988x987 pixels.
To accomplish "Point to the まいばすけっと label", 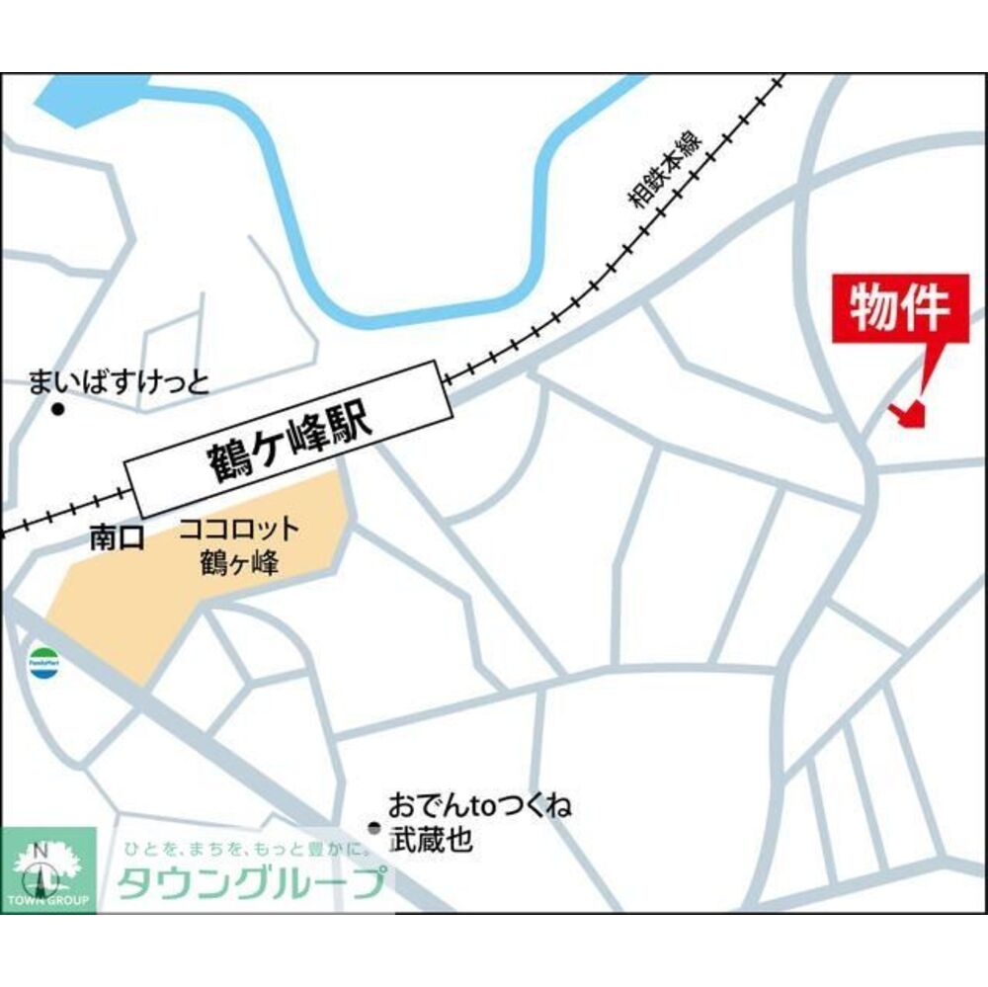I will click(x=120, y=380).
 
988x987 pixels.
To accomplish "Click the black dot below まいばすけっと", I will click(x=57, y=409).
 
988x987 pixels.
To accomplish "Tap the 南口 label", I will click(x=117, y=537).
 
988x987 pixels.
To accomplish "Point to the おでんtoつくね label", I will click(x=480, y=805).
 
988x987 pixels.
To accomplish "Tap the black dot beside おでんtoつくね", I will click(x=373, y=828).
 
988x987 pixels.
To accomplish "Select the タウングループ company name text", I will click(x=251, y=882).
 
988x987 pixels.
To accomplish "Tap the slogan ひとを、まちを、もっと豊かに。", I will click(x=246, y=849).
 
